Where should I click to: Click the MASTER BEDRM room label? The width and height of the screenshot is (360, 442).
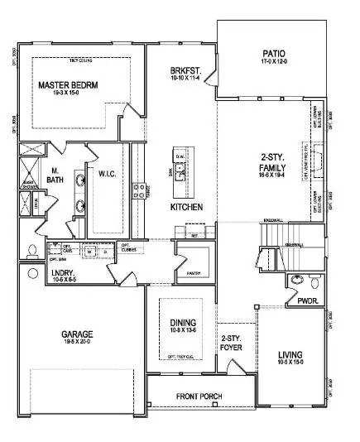74,85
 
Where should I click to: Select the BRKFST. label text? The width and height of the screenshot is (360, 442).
184,71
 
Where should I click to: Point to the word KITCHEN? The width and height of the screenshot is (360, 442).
186,206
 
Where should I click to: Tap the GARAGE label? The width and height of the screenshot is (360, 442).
77,336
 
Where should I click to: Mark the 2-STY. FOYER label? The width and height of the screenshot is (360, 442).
232,344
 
